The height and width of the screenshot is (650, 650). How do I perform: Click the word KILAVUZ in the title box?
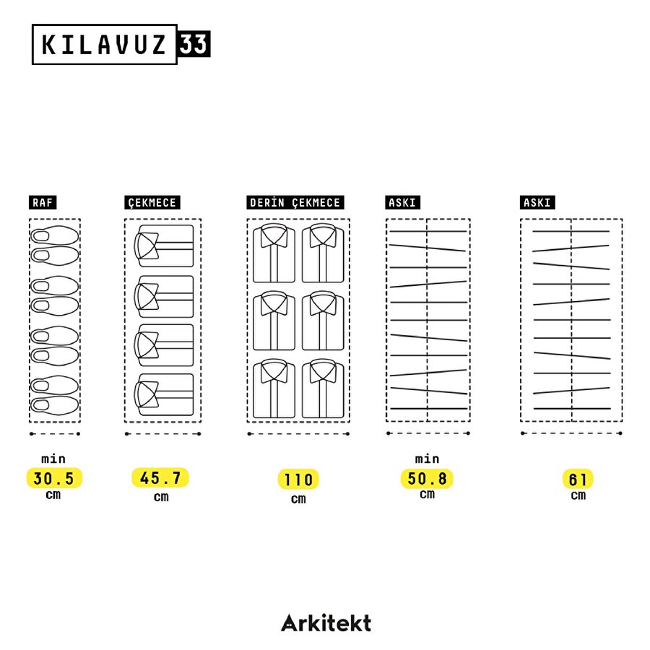[x=105, y=45]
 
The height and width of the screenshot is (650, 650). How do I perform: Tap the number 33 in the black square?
[x=194, y=44]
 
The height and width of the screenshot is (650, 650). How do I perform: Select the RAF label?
[x=43, y=203]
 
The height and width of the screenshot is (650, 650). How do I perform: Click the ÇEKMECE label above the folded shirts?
[x=152, y=203]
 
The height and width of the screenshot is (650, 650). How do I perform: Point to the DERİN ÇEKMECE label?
[x=295, y=203]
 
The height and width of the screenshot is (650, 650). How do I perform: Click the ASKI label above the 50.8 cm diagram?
[x=402, y=203]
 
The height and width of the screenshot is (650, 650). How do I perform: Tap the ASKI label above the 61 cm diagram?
[x=537, y=203]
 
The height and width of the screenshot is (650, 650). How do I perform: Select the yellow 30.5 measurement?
[x=54, y=478]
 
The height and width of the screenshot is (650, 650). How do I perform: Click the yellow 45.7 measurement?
[x=160, y=478]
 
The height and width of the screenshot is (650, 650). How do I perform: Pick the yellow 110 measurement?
[x=298, y=480]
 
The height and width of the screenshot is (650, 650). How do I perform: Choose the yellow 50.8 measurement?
[x=427, y=478]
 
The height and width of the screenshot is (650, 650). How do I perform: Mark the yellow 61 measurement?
[x=578, y=480]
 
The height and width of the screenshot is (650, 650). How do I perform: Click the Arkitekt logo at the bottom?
[x=326, y=623]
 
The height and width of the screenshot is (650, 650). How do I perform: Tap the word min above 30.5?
[x=53, y=459]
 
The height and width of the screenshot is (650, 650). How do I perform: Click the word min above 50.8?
[x=427, y=459]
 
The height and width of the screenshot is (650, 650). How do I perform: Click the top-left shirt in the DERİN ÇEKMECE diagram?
[x=274, y=253]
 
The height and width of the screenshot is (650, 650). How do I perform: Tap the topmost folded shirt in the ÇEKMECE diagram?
[x=165, y=246]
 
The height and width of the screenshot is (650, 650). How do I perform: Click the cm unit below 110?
[x=298, y=498]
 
